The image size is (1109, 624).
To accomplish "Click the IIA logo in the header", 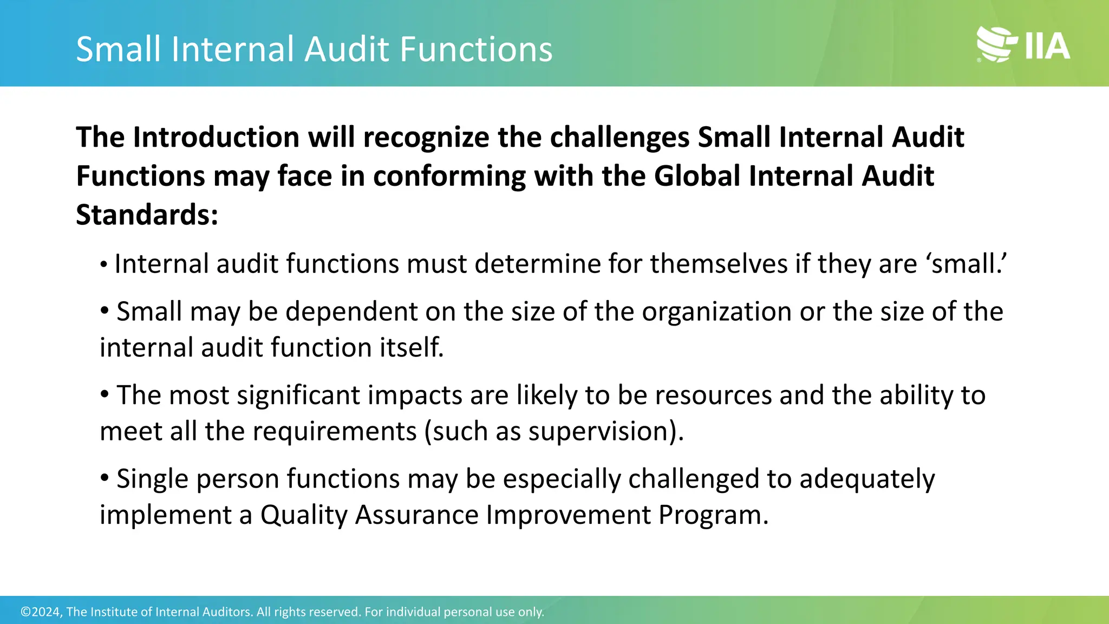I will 1023,44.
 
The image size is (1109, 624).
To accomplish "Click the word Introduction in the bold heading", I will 216,137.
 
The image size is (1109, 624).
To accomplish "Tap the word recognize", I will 426,137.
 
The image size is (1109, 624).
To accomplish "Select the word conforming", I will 449,176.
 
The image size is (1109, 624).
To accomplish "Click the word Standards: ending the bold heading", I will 147,215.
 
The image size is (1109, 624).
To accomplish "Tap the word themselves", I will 718,264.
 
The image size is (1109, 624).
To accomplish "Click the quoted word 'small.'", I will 968,264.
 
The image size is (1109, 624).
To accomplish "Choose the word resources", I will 713,395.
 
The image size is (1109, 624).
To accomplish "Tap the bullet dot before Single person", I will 105,477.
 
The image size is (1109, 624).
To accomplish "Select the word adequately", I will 867,479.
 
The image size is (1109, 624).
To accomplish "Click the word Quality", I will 304,515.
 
